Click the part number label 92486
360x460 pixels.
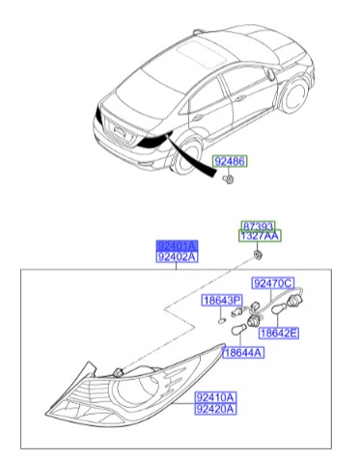coord(231,164)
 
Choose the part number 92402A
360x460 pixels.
coord(177,257)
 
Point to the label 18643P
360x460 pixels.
coord(221,301)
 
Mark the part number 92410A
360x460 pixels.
coord(215,396)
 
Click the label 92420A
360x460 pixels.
coord(215,409)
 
